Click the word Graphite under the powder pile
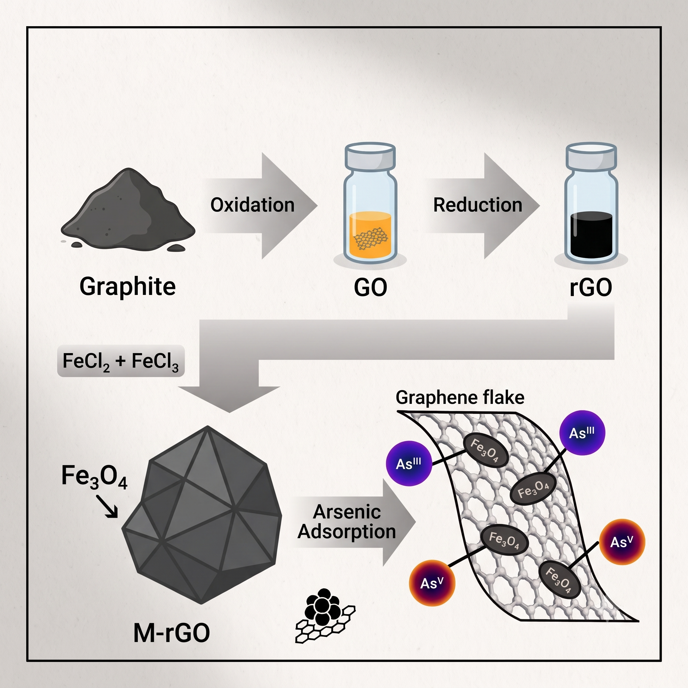click(x=127, y=287)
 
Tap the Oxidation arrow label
click(x=253, y=205)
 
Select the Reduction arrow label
click(x=478, y=205)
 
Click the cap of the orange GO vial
click(x=370, y=156)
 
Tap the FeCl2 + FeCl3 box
click(x=121, y=361)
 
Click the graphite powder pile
click(x=128, y=210)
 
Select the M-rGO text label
click(x=172, y=633)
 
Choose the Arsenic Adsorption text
click(x=347, y=522)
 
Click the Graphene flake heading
click(x=460, y=397)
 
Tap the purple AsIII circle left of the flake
click(x=409, y=463)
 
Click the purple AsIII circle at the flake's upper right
click(x=582, y=433)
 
